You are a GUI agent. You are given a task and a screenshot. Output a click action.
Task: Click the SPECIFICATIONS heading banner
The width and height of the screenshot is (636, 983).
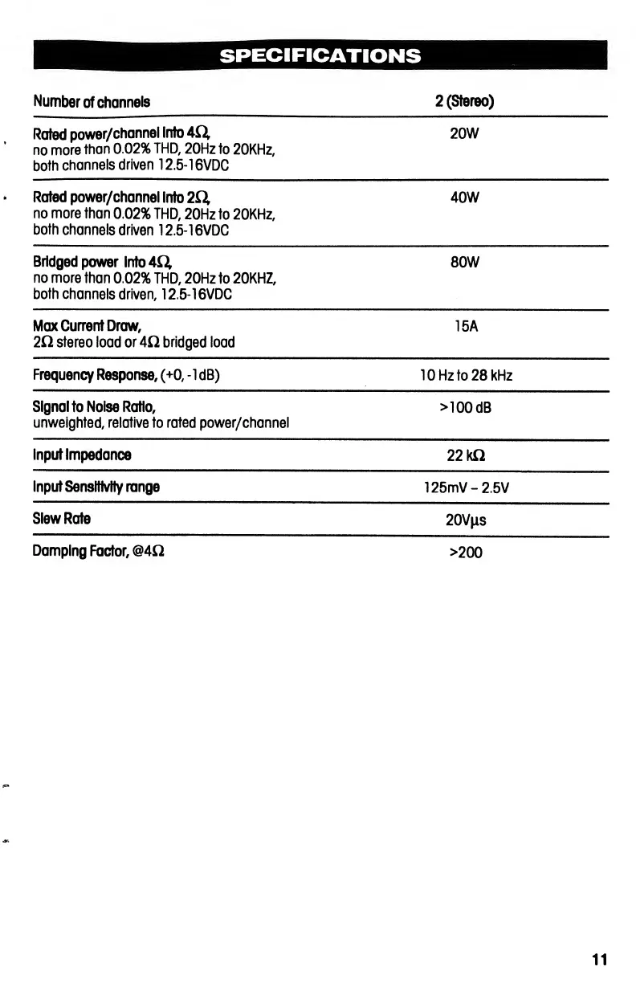pos(319,55)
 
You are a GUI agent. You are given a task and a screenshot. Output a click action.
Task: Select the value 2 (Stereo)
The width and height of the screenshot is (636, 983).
pos(464,102)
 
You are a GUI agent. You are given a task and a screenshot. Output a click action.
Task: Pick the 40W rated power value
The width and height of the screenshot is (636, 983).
pos(465,198)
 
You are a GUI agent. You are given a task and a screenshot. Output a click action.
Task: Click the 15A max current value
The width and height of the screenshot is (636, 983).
pos(466,327)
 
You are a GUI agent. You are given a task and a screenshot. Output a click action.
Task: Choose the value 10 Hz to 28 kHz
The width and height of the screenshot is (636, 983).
pos(466,375)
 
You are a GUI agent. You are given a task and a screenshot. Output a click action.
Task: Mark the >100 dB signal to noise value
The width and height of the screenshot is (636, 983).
pos(466,407)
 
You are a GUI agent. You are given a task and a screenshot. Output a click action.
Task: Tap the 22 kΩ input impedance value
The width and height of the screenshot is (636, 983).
pos(465,455)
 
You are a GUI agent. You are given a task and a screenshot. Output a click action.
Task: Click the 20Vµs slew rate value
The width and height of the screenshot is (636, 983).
pos(465,520)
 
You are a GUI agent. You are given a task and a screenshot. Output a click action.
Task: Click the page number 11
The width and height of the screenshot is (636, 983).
pos(599,959)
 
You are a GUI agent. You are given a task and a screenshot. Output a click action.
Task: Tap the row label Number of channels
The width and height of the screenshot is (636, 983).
pos(92,102)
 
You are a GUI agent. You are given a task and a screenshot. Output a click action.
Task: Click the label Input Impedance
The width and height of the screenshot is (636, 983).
pos(82,455)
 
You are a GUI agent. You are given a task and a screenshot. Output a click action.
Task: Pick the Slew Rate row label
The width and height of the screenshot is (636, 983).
pos(62,519)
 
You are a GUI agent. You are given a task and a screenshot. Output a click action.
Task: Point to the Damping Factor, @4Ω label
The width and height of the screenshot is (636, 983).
pos(100,552)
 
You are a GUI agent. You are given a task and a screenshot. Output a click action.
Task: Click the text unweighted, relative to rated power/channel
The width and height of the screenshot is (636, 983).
pos(161,423)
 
